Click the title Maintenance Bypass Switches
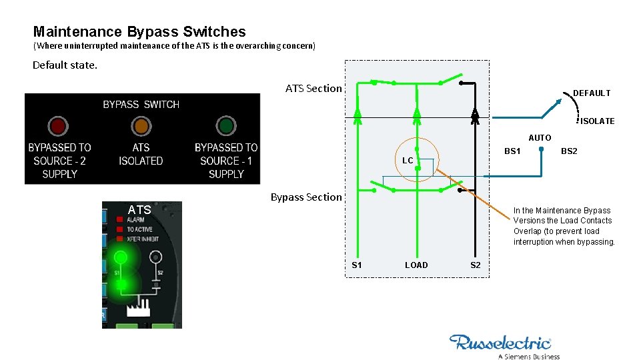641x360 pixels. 139,31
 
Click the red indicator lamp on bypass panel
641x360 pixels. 58,126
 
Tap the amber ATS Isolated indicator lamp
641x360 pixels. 141,126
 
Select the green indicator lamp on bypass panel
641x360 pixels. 226,126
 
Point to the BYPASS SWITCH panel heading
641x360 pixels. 141,105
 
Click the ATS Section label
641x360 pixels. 313,88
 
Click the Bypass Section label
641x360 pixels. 306,197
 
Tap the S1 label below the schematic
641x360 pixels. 357,265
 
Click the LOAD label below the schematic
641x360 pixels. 416,265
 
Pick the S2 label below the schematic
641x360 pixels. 475,265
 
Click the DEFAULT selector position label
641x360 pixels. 592,93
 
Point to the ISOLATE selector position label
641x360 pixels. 597,121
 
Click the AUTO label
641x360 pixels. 540,138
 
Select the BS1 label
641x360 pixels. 512,151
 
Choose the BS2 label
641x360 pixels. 569,151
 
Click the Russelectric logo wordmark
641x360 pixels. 500,343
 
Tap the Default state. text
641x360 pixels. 65,65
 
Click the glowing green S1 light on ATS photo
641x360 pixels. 120,257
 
